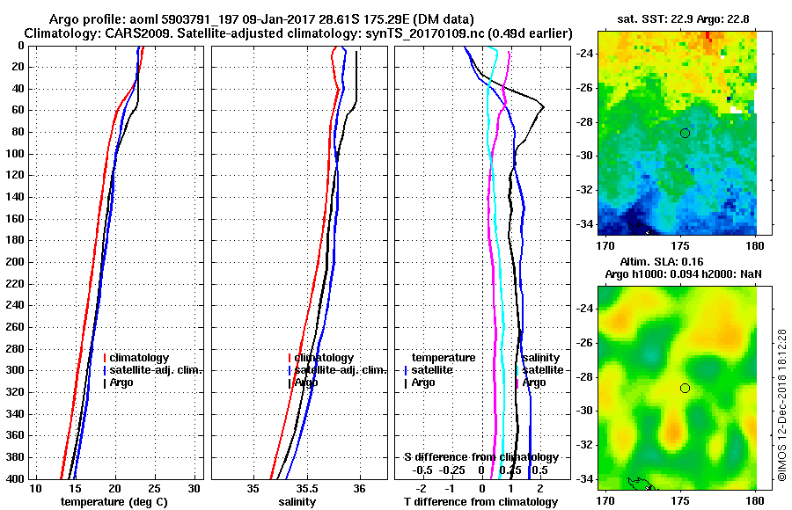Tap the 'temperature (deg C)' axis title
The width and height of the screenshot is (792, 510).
tap(114, 502)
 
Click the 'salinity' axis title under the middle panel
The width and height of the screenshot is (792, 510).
tap(297, 502)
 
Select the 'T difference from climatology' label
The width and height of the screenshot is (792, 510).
tap(480, 502)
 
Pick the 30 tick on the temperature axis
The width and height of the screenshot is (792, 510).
tap(195, 488)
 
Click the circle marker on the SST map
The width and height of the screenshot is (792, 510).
tap(685, 133)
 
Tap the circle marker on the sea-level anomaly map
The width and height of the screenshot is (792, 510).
tap(685, 388)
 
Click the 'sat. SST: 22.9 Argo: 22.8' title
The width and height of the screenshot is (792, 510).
tap(676, 18)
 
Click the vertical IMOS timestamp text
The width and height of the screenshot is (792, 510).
tap(781, 404)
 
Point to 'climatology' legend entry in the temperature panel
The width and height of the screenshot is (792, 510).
tap(140, 358)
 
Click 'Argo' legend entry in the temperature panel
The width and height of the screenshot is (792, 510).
tap(124, 382)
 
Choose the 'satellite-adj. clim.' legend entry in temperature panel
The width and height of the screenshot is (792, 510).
tap(157, 370)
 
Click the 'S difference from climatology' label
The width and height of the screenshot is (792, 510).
tap(480, 457)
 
